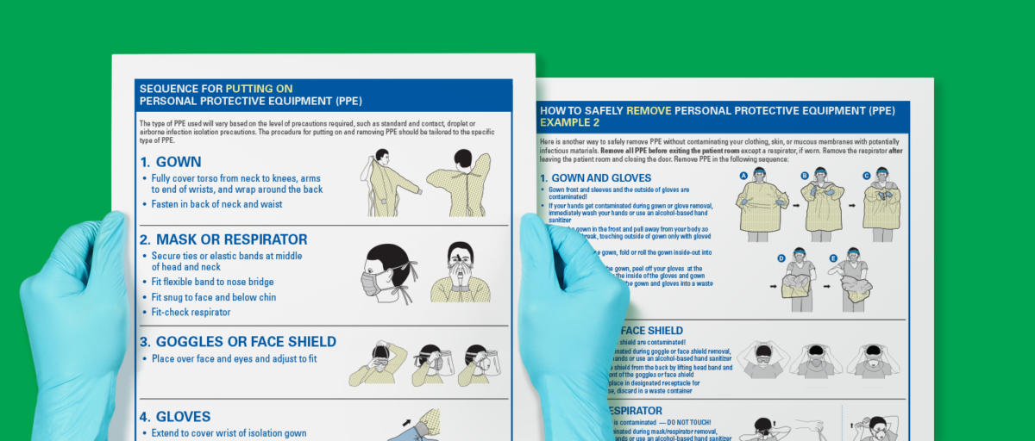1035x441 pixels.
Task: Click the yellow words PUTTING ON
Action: [259, 88]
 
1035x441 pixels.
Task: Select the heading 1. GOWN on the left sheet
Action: [171, 162]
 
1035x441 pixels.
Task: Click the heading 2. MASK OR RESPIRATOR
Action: [223, 239]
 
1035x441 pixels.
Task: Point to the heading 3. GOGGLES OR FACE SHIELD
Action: [238, 342]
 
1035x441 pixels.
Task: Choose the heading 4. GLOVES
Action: [175, 417]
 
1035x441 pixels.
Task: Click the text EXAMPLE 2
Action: [570, 123]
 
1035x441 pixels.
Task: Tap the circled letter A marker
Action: [743, 175]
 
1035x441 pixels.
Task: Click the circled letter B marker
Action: [805, 175]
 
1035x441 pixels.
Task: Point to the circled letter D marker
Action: [781, 258]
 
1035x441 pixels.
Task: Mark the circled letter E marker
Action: [833, 258]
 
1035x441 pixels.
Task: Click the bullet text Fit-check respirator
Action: [191, 313]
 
